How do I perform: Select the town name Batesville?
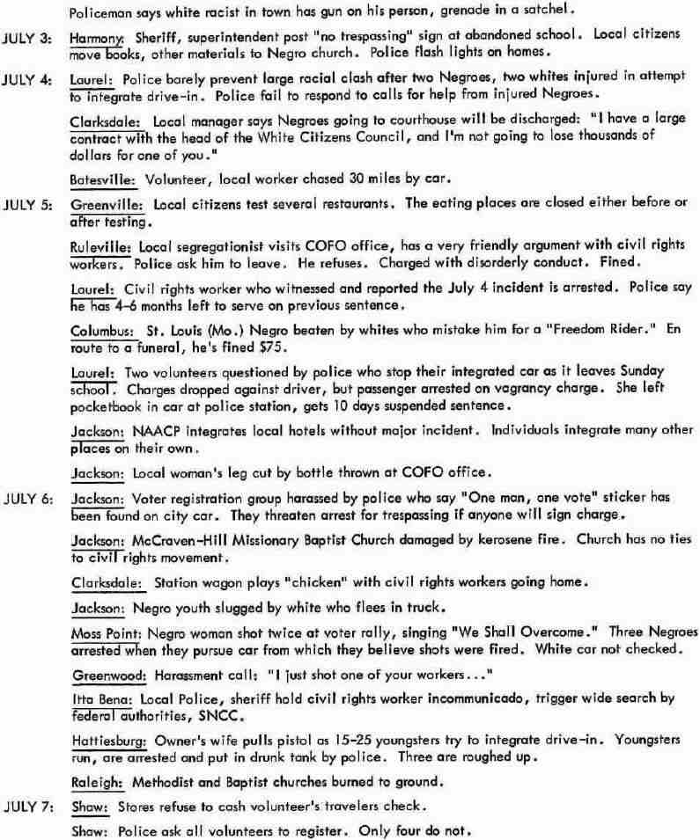(102, 179)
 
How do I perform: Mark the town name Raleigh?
(97, 781)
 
